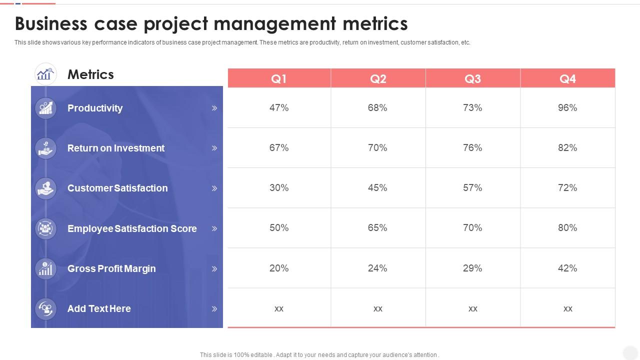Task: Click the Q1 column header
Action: click(x=279, y=78)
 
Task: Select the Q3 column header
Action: click(x=472, y=78)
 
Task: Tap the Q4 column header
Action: click(x=567, y=78)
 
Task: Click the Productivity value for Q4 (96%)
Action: click(x=567, y=107)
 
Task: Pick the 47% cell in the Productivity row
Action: click(x=279, y=107)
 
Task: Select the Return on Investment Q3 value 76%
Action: click(x=472, y=147)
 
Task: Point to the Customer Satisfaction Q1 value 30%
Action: click(x=279, y=187)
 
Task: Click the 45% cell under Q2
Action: click(x=377, y=187)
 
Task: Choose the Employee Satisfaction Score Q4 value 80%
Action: click(x=567, y=227)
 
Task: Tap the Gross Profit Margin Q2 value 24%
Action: click(x=377, y=268)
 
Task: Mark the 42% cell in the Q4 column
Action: click(x=567, y=268)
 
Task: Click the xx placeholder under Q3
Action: click(x=472, y=308)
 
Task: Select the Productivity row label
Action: click(x=95, y=108)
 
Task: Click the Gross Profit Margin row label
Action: click(x=111, y=268)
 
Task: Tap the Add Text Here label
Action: click(x=99, y=308)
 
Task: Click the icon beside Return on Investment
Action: click(x=46, y=148)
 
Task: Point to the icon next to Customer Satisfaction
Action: click(x=46, y=188)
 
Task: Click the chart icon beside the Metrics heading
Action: click(x=45, y=74)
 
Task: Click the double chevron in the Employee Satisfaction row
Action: click(x=214, y=228)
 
